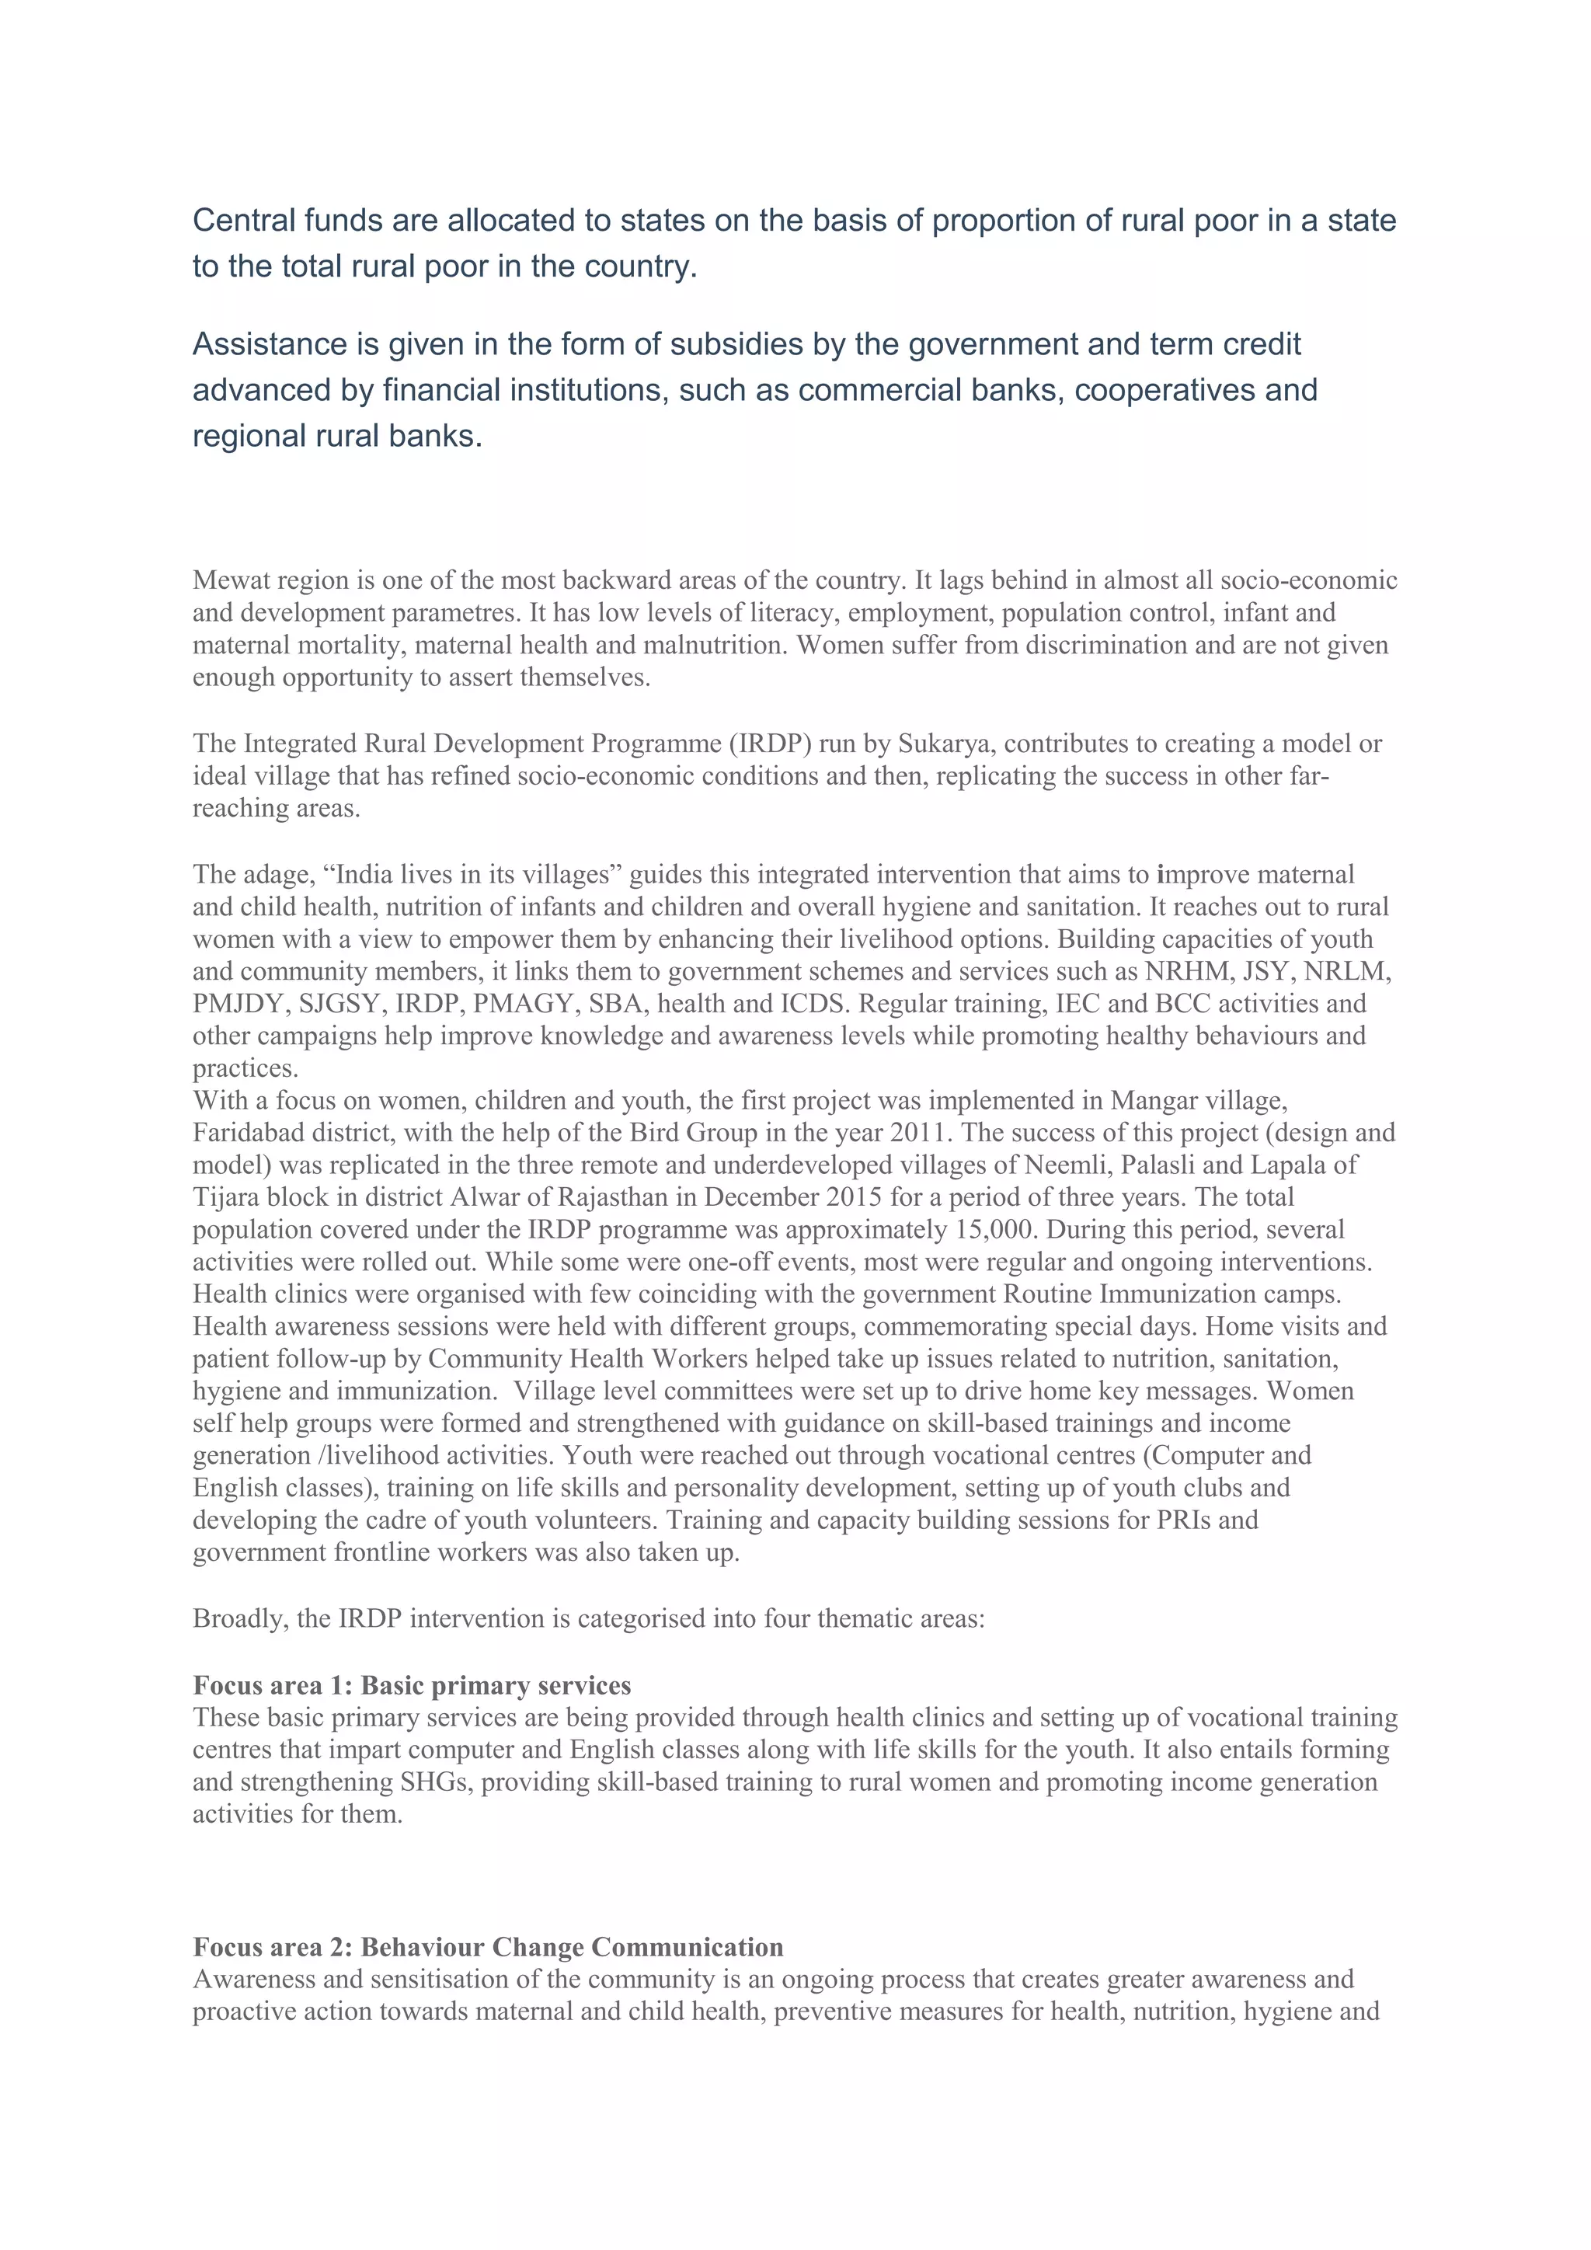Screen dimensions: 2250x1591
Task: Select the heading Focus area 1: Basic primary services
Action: [412, 1685]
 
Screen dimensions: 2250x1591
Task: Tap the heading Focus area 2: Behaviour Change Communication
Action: [488, 1946]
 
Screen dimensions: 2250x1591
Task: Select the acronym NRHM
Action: [1187, 971]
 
